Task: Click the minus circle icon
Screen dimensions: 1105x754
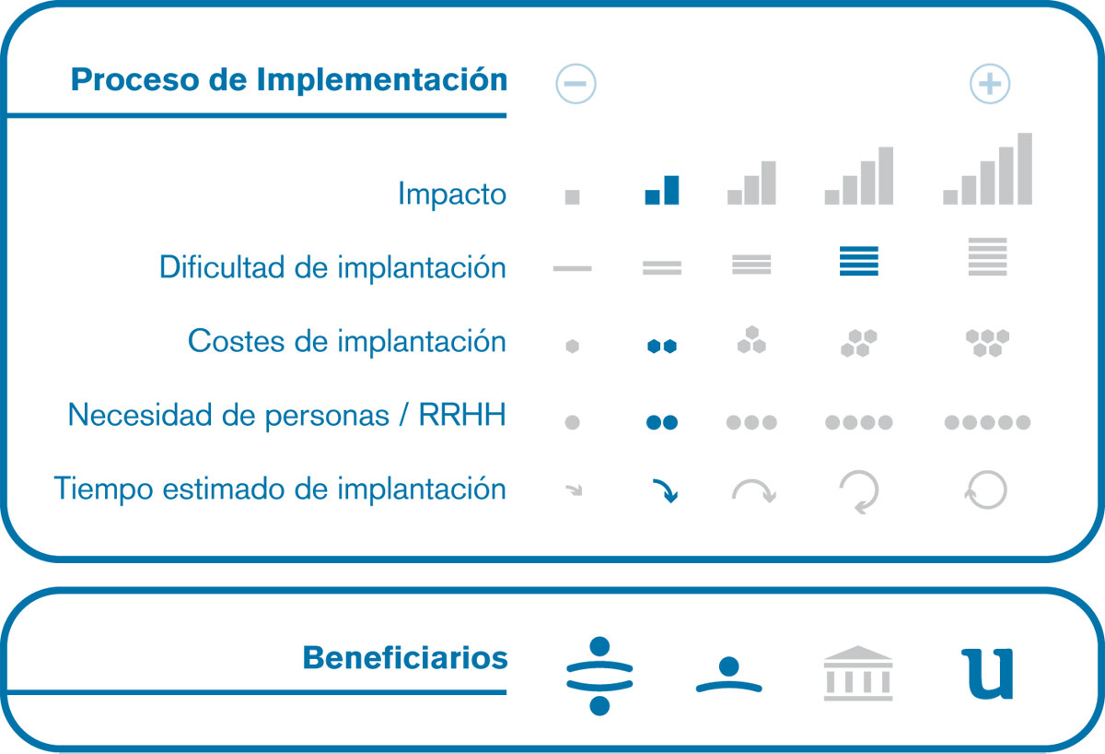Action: [576, 84]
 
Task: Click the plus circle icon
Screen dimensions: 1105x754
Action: [990, 84]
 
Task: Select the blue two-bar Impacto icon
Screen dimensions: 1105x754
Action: [662, 190]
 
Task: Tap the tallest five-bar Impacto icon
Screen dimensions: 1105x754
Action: [987, 169]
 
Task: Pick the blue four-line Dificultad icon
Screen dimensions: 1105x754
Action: [859, 261]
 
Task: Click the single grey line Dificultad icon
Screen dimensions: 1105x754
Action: [572, 268]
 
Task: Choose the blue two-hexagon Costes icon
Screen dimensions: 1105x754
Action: [662, 347]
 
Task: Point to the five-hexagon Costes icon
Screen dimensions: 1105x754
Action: [987, 343]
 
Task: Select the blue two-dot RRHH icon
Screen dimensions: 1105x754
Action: [662, 422]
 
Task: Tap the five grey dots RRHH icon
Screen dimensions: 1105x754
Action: [987, 422]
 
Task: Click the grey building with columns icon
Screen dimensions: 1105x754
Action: [858, 674]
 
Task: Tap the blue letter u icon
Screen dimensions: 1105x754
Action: [987, 674]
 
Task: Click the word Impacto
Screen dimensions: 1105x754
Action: [452, 194]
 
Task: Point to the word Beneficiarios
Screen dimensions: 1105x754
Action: [405, 658]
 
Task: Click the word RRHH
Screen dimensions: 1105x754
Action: [462, 414]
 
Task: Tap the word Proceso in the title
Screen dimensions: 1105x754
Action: [134, 79]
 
